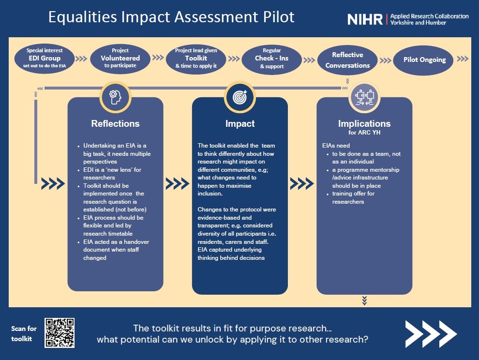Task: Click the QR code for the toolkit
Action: tap(59, 333)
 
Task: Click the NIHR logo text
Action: tap(365, 19)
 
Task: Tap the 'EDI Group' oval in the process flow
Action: tap(45, 59)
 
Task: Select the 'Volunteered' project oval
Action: tap(120, 59)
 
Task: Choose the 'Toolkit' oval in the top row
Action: tap(196, 59)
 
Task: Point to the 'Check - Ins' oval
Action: tap(271, 60)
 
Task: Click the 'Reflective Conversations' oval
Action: tap(347, 60)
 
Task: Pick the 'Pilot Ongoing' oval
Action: tap(423, 60)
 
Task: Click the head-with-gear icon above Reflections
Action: tap(116, 97)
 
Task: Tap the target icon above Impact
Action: tap(240, 97)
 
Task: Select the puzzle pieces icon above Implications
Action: tap(364, 97)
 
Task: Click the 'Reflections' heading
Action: tap(116, 123)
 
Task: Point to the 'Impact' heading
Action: tap(240, 123)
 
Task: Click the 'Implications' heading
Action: tap(364, 123)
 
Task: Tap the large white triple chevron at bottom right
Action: tap(431, 334)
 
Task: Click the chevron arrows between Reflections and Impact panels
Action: tap(178, 184)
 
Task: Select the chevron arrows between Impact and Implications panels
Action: tap(302, 184)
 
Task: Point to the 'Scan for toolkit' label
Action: tap(24, 334)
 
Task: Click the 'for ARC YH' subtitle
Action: tap(364, 133)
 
